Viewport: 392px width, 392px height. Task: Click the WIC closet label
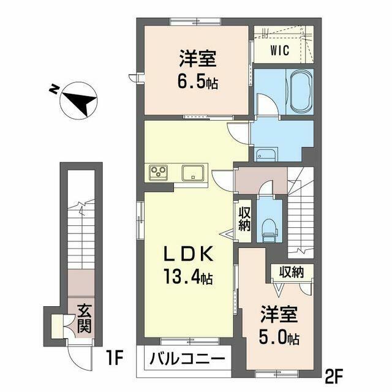pos(279,50)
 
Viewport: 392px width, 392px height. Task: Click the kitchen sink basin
pos(193,173)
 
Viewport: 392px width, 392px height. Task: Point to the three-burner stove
pos(158,172)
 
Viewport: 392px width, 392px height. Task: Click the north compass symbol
pos(79,100)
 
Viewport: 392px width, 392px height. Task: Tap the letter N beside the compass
pos(53,89)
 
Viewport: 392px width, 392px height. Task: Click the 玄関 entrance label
pos(85,319)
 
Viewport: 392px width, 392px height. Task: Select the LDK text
pos(188,254)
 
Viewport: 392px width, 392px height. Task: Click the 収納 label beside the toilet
pos(244,219)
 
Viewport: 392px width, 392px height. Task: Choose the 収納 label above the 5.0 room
pos(292,272)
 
